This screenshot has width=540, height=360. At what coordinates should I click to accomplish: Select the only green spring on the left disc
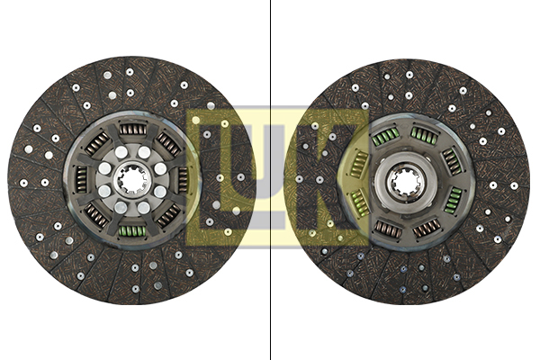pyautogui.click(x=132, y=231)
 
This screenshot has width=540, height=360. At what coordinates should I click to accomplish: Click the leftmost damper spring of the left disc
pyautogui.click(x=81, y=179)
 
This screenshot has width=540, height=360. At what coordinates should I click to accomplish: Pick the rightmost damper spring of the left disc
pyautogui.click(x=183, y=179)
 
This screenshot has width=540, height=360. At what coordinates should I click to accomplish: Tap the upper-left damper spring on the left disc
pyautogui.click(x=97, y=143)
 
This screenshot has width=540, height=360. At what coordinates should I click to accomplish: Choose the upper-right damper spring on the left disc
pyautogui.click(x=168, y=144)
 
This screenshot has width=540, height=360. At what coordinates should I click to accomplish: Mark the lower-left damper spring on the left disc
pyautogui.click(x=96, y=215)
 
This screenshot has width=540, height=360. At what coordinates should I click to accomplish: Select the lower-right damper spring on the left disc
pyautogui.click(x=168, y=216)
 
